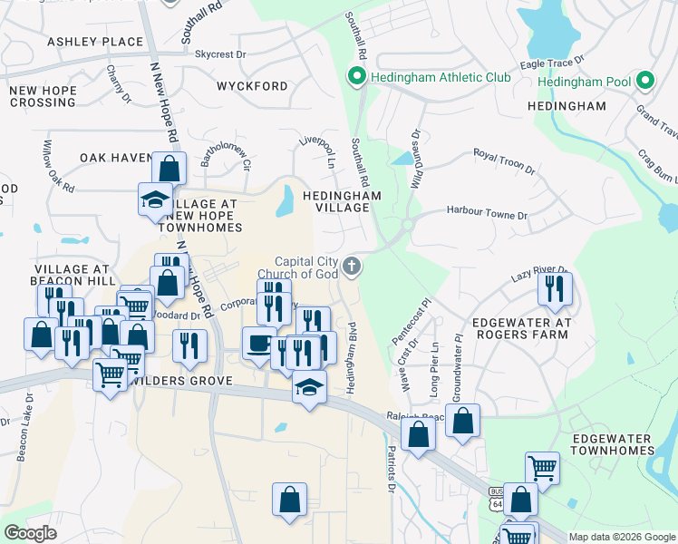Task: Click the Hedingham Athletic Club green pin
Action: pyautogui.click(x=357, y=77)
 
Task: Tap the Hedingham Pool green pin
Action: pyautogui.click(x=646, y=82)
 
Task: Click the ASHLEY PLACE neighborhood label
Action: pyautogui.click(x=95, y=42)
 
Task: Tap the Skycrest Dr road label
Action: pyautogui.click(x=220, y=54)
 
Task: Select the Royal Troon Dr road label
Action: pyautogui.click(x=505, y=161)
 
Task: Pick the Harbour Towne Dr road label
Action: pyautogui.click(x=487, y=214)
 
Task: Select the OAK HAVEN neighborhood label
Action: pyautogui.click(x=115, y=158)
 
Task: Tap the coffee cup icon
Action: pyautogui.click(x=258, y=344)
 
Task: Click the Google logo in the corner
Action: pyautogui.click(x=31, y=533)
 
